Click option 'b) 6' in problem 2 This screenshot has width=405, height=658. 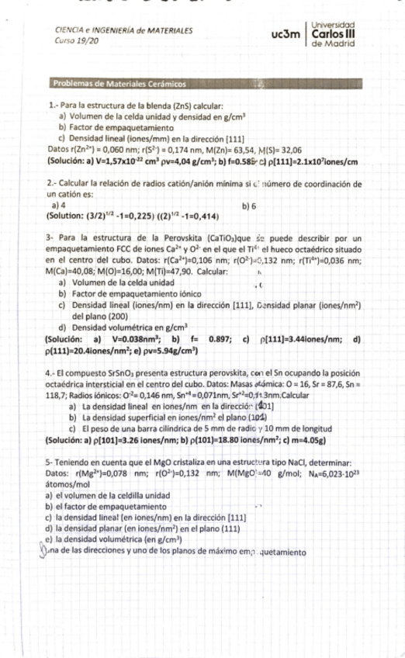pos(249,206)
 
